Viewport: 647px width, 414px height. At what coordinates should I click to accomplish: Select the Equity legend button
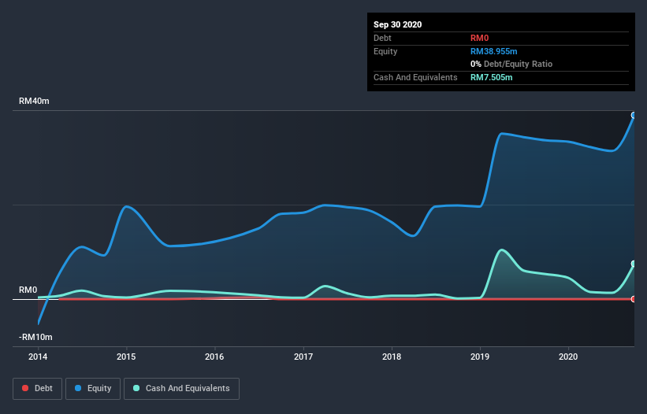point(93,388)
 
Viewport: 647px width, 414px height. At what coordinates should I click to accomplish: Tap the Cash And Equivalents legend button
point(181,388)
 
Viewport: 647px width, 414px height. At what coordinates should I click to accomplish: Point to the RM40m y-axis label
point(34,102)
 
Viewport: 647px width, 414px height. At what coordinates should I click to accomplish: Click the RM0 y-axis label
point(28,290)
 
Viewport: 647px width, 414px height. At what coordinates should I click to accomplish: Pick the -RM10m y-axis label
point(36,337)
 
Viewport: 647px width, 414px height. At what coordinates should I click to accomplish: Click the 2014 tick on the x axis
point(37,357)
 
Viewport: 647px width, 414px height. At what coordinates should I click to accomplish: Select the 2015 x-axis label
point(126,357)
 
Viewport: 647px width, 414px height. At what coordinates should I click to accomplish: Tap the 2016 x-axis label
point(214,357)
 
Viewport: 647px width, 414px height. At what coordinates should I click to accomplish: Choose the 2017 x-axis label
point(303,357)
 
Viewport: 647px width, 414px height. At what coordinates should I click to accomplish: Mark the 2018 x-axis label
point(391,357)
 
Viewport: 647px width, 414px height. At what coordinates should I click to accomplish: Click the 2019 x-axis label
point(480,357)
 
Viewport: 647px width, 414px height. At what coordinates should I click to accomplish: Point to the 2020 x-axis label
point(568,357)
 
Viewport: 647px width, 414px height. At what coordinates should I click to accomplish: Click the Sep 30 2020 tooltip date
point(397,24)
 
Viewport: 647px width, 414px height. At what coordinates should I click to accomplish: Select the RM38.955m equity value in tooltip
point(494,51)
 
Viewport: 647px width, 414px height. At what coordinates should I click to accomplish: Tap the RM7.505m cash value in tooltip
point(491,77)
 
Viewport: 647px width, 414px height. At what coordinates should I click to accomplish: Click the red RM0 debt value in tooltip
point(480,38)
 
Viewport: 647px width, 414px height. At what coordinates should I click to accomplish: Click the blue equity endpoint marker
point(633,116)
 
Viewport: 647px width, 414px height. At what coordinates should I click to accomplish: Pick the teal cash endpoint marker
point(633,264)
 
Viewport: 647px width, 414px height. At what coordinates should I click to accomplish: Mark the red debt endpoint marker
point(633,299)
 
